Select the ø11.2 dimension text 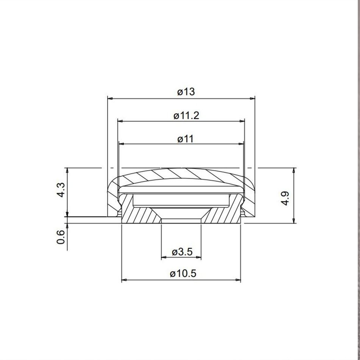(x=186, y=115)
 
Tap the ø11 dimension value (x=185, y=139)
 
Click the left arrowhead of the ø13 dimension (x=110, y=98)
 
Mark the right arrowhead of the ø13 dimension (x=252, y=98)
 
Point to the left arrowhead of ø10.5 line (x=124, y=281)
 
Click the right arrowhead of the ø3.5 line (x=199, y=258)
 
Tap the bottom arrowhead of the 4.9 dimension (x=294, y=220)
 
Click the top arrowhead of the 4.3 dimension (x=67, y=170)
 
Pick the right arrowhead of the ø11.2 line (x=242, y=121)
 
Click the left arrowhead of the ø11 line (x=122, y=144)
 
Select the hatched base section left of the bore (x=140, y=216)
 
